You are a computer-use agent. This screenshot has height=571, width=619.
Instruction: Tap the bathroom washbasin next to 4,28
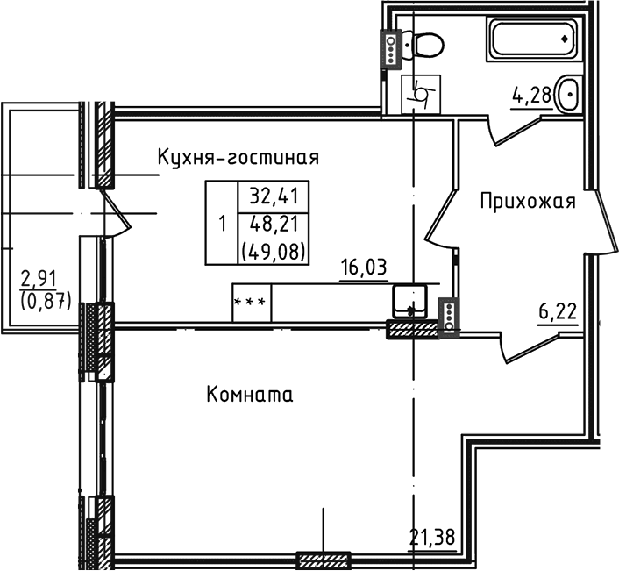click(569, 90)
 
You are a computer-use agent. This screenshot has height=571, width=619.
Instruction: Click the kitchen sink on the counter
click(409, 301)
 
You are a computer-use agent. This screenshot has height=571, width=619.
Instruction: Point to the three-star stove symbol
click(252, 303)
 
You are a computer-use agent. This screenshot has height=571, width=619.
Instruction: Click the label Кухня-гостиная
click(238, 157)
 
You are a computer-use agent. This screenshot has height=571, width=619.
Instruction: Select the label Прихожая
click(527, 203)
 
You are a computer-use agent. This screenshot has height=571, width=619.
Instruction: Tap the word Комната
click(250, 395)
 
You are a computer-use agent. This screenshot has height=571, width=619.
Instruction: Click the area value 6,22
click(557, 310)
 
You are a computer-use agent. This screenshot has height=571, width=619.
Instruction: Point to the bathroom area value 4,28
click(532, 95)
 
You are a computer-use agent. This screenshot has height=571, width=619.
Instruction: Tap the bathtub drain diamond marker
click(563, 39)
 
